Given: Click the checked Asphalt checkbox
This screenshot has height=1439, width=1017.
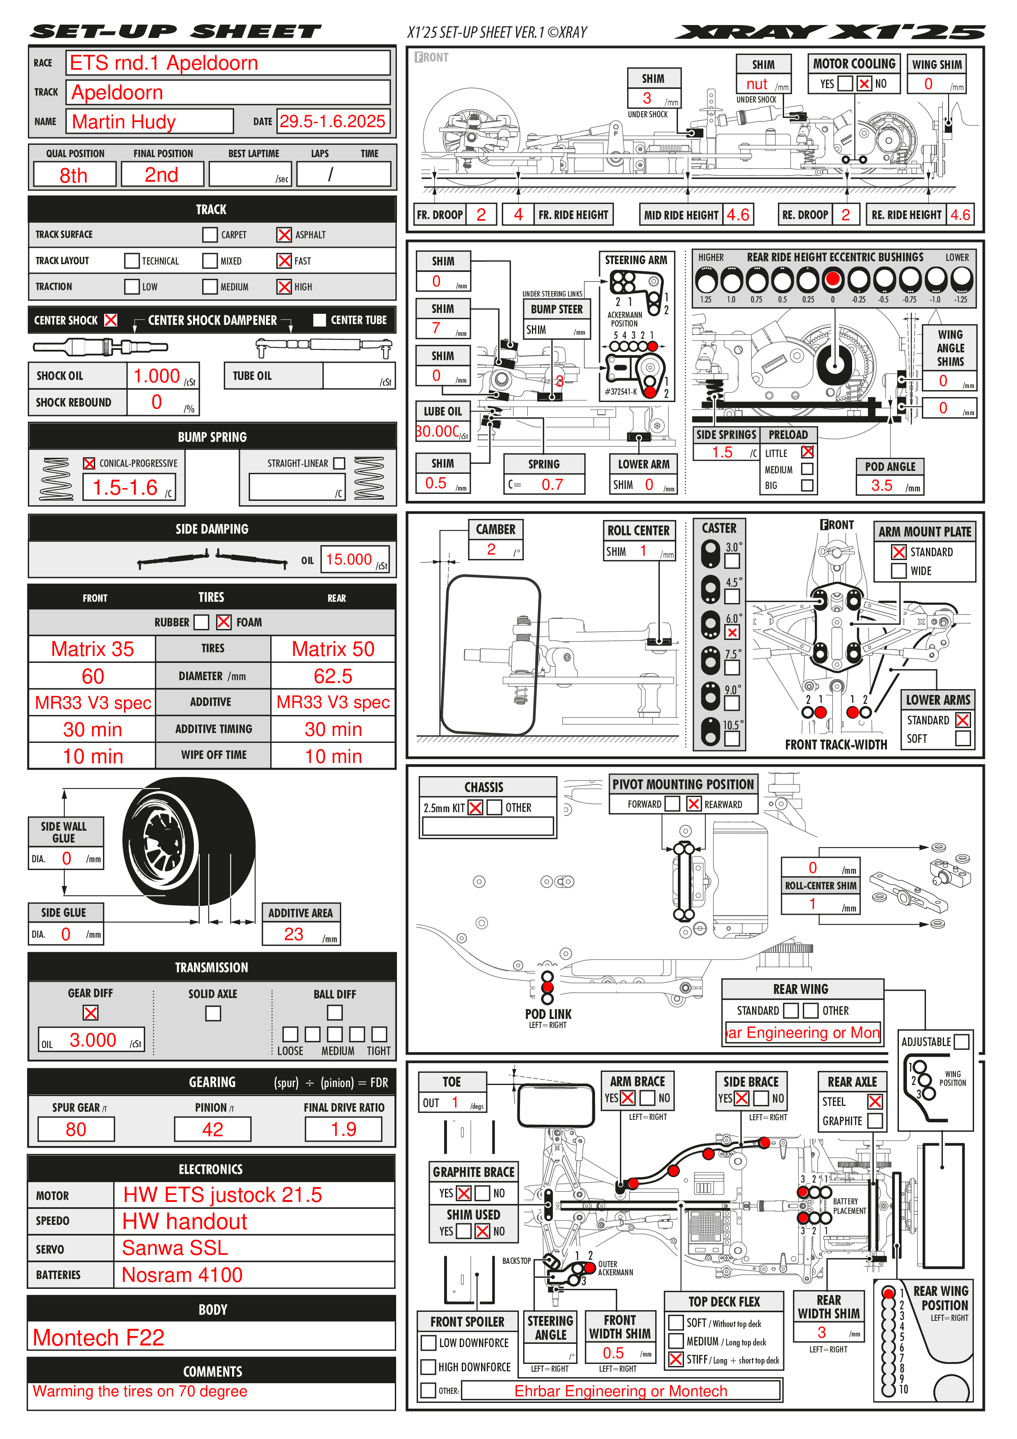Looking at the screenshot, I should [x=284, y=234].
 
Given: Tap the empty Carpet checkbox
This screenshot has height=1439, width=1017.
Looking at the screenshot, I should [x=210, y=234].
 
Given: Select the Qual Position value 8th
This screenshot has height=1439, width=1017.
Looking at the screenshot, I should [x=74, y=175].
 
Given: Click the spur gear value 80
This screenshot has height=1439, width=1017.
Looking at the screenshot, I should [x=76, y=1129].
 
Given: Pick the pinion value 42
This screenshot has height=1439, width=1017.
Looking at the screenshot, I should [x=212, y=1129].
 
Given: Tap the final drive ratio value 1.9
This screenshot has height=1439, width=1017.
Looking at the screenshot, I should [x=343, y=1129].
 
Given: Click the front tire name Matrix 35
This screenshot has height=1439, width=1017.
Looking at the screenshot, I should [x=92, y=649].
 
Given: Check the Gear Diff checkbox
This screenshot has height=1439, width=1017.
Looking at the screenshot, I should [x=90, y=1012].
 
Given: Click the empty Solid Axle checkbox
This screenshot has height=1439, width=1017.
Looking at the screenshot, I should [x=213, y=1013].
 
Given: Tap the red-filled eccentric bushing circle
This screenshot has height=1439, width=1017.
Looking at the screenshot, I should [x=833, y=279].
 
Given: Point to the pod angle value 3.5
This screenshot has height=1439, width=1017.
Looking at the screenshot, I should [x=882, y=485].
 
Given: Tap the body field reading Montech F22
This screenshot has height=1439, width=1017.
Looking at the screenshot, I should [x=99, y=1337].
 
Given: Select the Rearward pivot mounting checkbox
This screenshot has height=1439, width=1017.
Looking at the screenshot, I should [x=694, y=804].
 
